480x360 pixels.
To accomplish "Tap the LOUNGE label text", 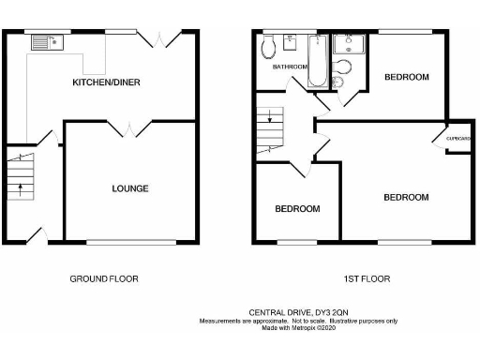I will (130, 188).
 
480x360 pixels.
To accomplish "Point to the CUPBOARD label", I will (458, 138).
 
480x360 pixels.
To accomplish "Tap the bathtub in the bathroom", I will (315, 60).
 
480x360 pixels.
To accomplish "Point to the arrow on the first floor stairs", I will (269, 119).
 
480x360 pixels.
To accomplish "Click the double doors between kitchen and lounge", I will (130, 128).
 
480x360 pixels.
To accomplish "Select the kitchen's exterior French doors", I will (161, 39).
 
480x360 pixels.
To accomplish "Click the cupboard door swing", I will (439, 139).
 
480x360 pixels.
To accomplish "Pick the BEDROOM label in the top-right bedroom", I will (407, 77).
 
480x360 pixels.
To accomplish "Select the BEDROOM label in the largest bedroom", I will (405, 197).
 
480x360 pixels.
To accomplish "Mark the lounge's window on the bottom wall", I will (130, 244).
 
